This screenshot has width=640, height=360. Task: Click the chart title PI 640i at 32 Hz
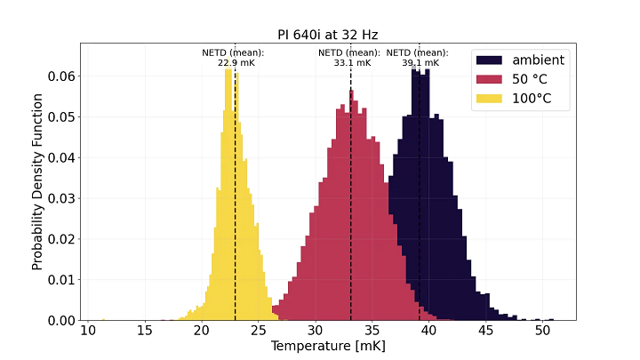point(327,35)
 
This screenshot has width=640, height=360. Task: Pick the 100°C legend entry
point(532,99)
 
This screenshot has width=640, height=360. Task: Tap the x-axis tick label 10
point(88,331)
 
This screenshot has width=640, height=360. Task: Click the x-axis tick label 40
point(428,331)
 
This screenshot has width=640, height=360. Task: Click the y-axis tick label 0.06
point(61,76)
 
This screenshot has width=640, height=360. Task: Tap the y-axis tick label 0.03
point(61,198)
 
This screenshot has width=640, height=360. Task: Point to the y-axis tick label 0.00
point(61,320)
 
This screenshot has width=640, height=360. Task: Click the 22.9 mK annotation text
point(233,63)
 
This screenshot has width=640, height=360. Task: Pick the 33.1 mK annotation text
point(349,63)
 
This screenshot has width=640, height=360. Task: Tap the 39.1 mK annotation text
point(417,63)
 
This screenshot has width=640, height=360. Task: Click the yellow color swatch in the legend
point(491,99)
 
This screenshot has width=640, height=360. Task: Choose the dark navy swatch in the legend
point(491,60)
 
